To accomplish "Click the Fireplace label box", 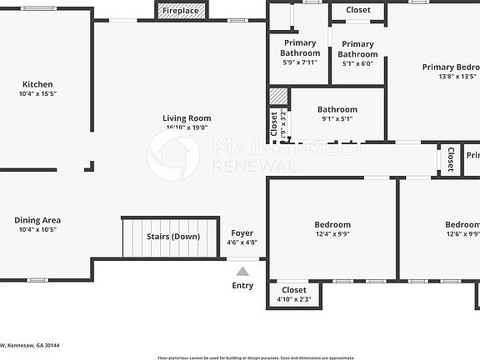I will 180,11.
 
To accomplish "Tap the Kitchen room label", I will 37,84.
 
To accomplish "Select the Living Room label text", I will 187,118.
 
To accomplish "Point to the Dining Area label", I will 37,220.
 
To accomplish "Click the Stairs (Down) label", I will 173,237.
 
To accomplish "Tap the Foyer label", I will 242,233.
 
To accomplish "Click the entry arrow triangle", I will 242,270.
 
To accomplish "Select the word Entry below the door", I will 242,286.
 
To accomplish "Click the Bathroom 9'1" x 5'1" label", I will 337,109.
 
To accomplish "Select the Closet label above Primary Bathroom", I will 358,10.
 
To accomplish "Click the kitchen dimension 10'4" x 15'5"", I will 37,94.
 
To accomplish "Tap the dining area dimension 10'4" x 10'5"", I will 37,230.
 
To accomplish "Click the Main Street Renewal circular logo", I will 173,155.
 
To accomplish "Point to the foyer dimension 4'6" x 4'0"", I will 242,243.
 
